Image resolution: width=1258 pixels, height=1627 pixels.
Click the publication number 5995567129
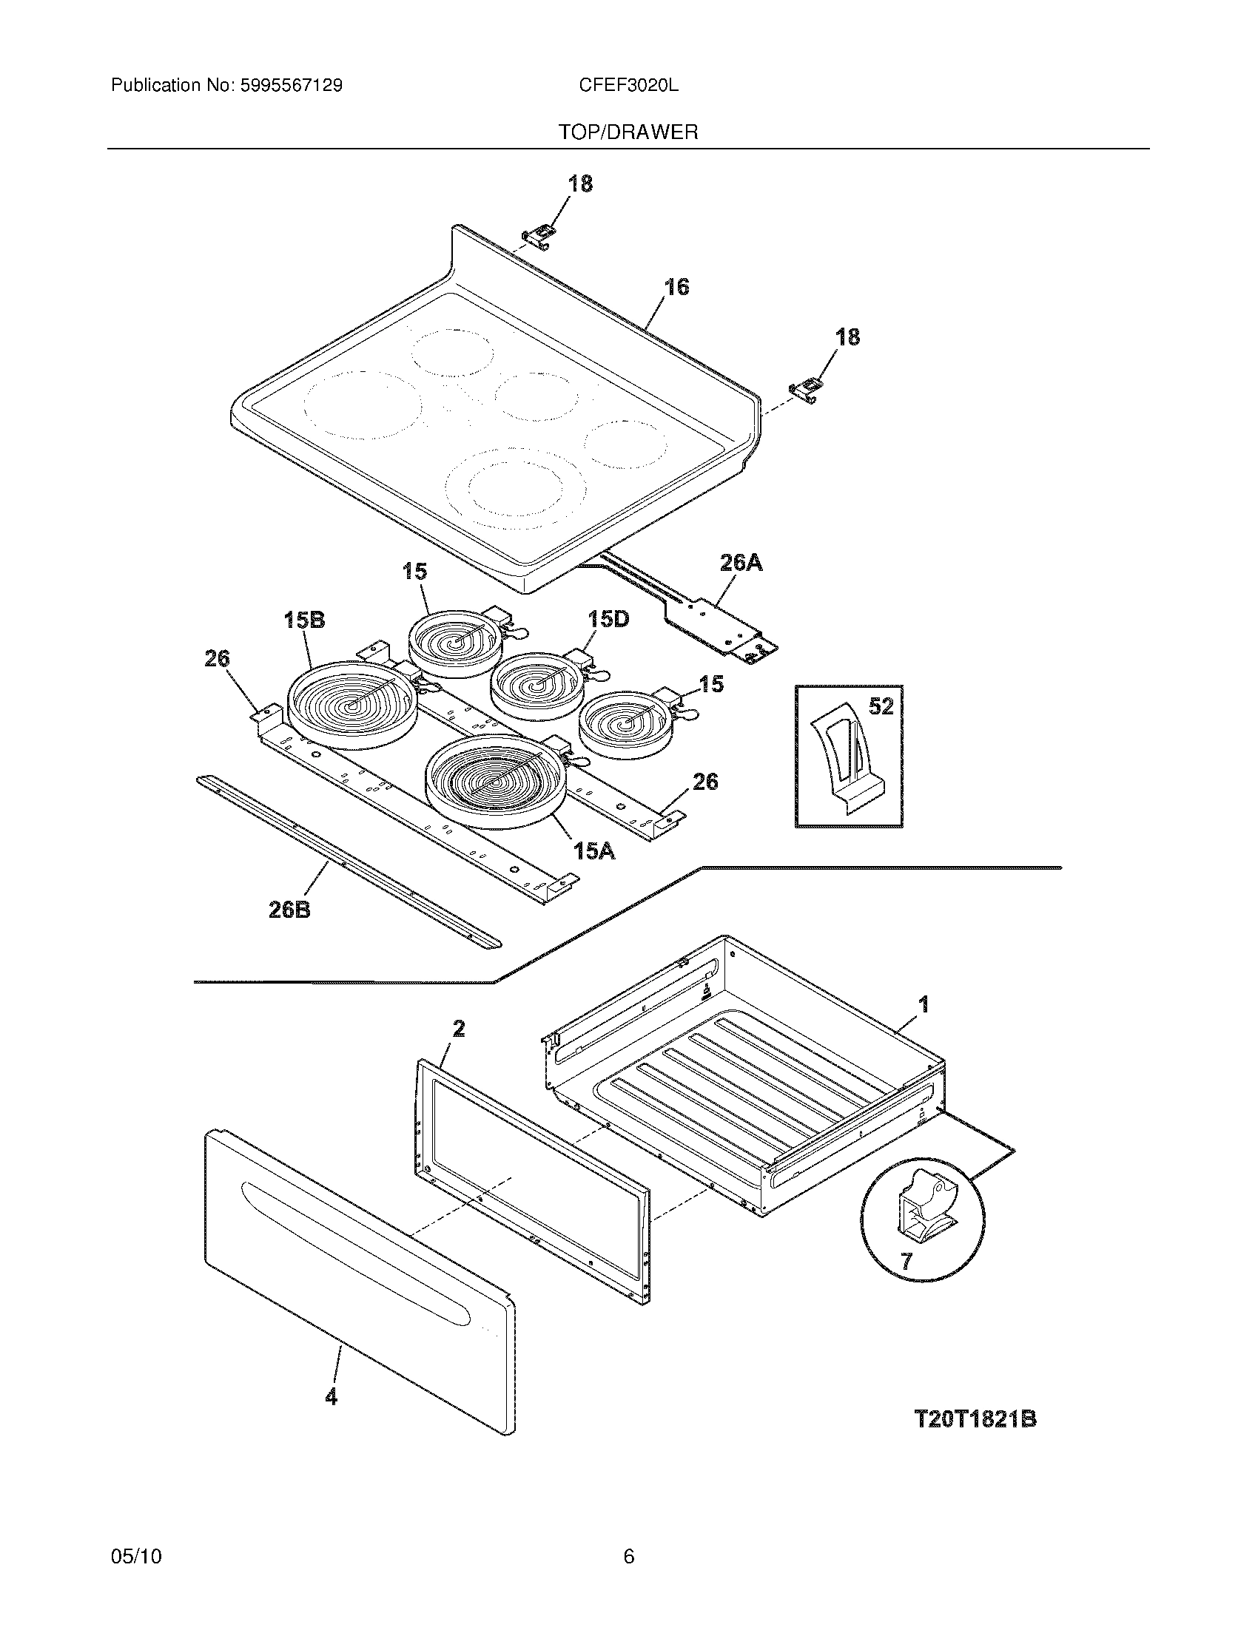pyautogui.click(x=291, y=86)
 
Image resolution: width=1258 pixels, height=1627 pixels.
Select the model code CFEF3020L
pyautogui.click(x=628, y=86)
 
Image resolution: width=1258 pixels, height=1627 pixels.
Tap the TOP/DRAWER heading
pyautogui.click(x=628, y=132)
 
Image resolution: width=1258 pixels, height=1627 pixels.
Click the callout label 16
pyautogui.click(x=676, y=287)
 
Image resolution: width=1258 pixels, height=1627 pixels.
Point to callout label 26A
pyautogui.click(x=741, y=563)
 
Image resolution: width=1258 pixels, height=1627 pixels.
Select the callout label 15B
pyautogui.click(x=305, y=620)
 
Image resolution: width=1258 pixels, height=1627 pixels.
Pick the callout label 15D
pyautogui.click(x=608, y=619)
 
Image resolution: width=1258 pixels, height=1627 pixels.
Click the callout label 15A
pyautogui.click(x=594, y=850)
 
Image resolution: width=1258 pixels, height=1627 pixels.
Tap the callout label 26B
pyautogui.click(x=290, y=909)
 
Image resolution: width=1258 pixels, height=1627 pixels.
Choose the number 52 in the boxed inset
pyautogui.click(x=881, y=706)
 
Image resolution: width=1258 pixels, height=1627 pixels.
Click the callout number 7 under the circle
pyautogui.click(x=906, y=1261)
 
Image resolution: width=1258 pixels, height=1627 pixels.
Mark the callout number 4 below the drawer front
pyautogui.click(x=331, y=1396)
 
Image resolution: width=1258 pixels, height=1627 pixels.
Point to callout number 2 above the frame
pyautogui.click(x=459, y=1029)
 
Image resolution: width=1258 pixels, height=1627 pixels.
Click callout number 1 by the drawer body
pyautogui.click(x=924, y=1005)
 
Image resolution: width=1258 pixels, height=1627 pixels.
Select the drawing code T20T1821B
pyautogui.click(x=975, y=1419)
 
